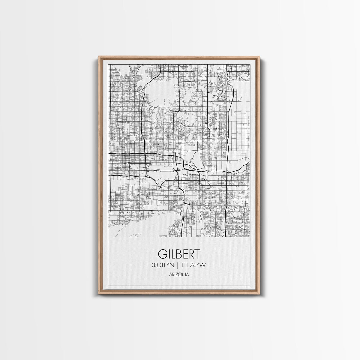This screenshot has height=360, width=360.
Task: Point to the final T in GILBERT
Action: click(x=196, y=254)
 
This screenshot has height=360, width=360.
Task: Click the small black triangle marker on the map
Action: click(x=187, y=118)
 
